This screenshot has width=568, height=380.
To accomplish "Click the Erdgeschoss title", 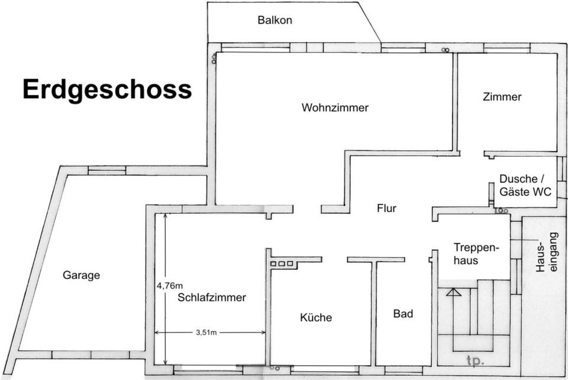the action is pos(107,90).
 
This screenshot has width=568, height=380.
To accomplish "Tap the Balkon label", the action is pos(275,20).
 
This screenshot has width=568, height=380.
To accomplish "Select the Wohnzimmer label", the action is pos(335,108).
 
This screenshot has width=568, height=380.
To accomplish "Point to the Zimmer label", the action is pos(502,97).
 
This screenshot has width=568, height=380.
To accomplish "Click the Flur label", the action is pos(386,208).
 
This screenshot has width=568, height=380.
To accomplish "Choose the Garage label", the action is pos(82,275).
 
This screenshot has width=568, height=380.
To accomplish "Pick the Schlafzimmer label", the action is pos(211,298).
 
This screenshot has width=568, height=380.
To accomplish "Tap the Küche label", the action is pos(316,317).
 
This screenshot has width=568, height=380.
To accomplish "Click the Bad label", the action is pos(403,314).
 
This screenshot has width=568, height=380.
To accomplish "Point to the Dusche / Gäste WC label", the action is pos(525,185).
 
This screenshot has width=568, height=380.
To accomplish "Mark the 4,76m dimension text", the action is pos(170,285).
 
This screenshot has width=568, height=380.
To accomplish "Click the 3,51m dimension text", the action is pos(206,333).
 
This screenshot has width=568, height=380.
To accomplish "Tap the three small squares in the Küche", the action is pos(282,264).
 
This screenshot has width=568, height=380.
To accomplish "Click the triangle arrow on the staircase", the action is pos(453,291).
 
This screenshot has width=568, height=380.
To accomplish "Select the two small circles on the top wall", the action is pos(444,50).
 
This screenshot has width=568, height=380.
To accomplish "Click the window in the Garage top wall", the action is pos(107,171).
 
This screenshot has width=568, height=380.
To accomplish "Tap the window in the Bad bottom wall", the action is pos(404,370).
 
